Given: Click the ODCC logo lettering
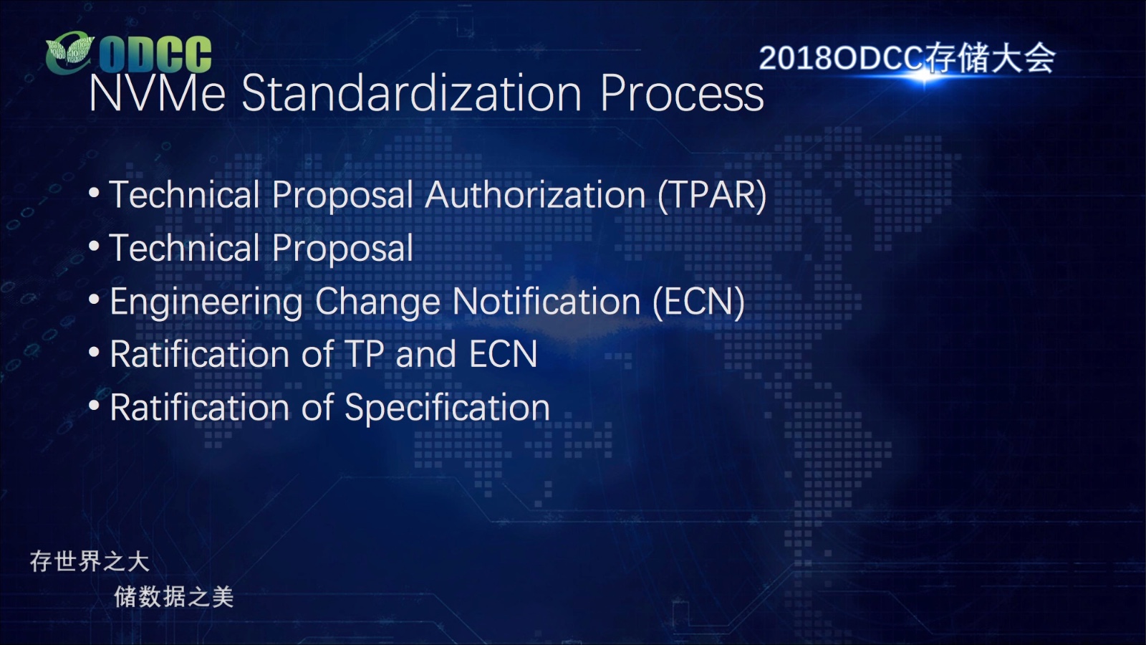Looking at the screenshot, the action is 155,54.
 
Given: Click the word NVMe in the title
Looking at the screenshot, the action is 157,92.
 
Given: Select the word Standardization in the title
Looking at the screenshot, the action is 411,92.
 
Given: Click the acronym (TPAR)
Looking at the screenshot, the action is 712,196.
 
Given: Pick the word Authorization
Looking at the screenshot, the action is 535,195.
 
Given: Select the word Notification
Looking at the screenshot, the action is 546,301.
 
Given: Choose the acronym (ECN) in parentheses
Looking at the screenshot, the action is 699,302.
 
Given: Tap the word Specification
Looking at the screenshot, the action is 447,408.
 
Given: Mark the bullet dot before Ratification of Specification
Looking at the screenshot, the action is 94,405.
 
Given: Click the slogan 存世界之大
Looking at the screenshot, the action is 90,562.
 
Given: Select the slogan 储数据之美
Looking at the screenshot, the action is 174,597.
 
